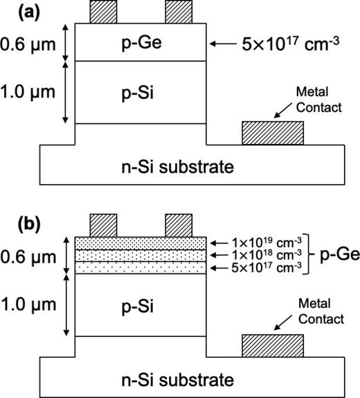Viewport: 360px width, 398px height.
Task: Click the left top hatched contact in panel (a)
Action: (x=103, y=12)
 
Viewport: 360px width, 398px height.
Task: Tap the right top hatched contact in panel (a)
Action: (x=178, y=12)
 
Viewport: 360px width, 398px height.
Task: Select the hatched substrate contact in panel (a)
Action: (x=272, y=133)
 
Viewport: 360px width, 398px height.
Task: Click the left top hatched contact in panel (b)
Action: (x=103, y=225)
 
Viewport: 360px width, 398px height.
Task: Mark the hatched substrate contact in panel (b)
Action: (x=272, y=345)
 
